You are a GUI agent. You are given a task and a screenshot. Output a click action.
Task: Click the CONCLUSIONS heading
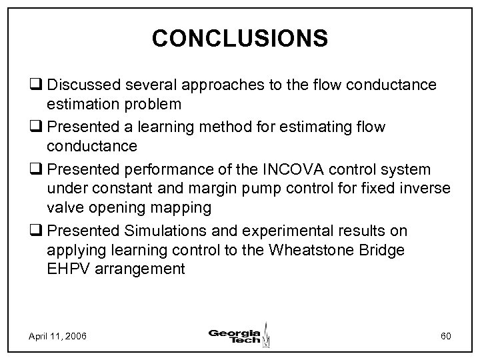(240, 38)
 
